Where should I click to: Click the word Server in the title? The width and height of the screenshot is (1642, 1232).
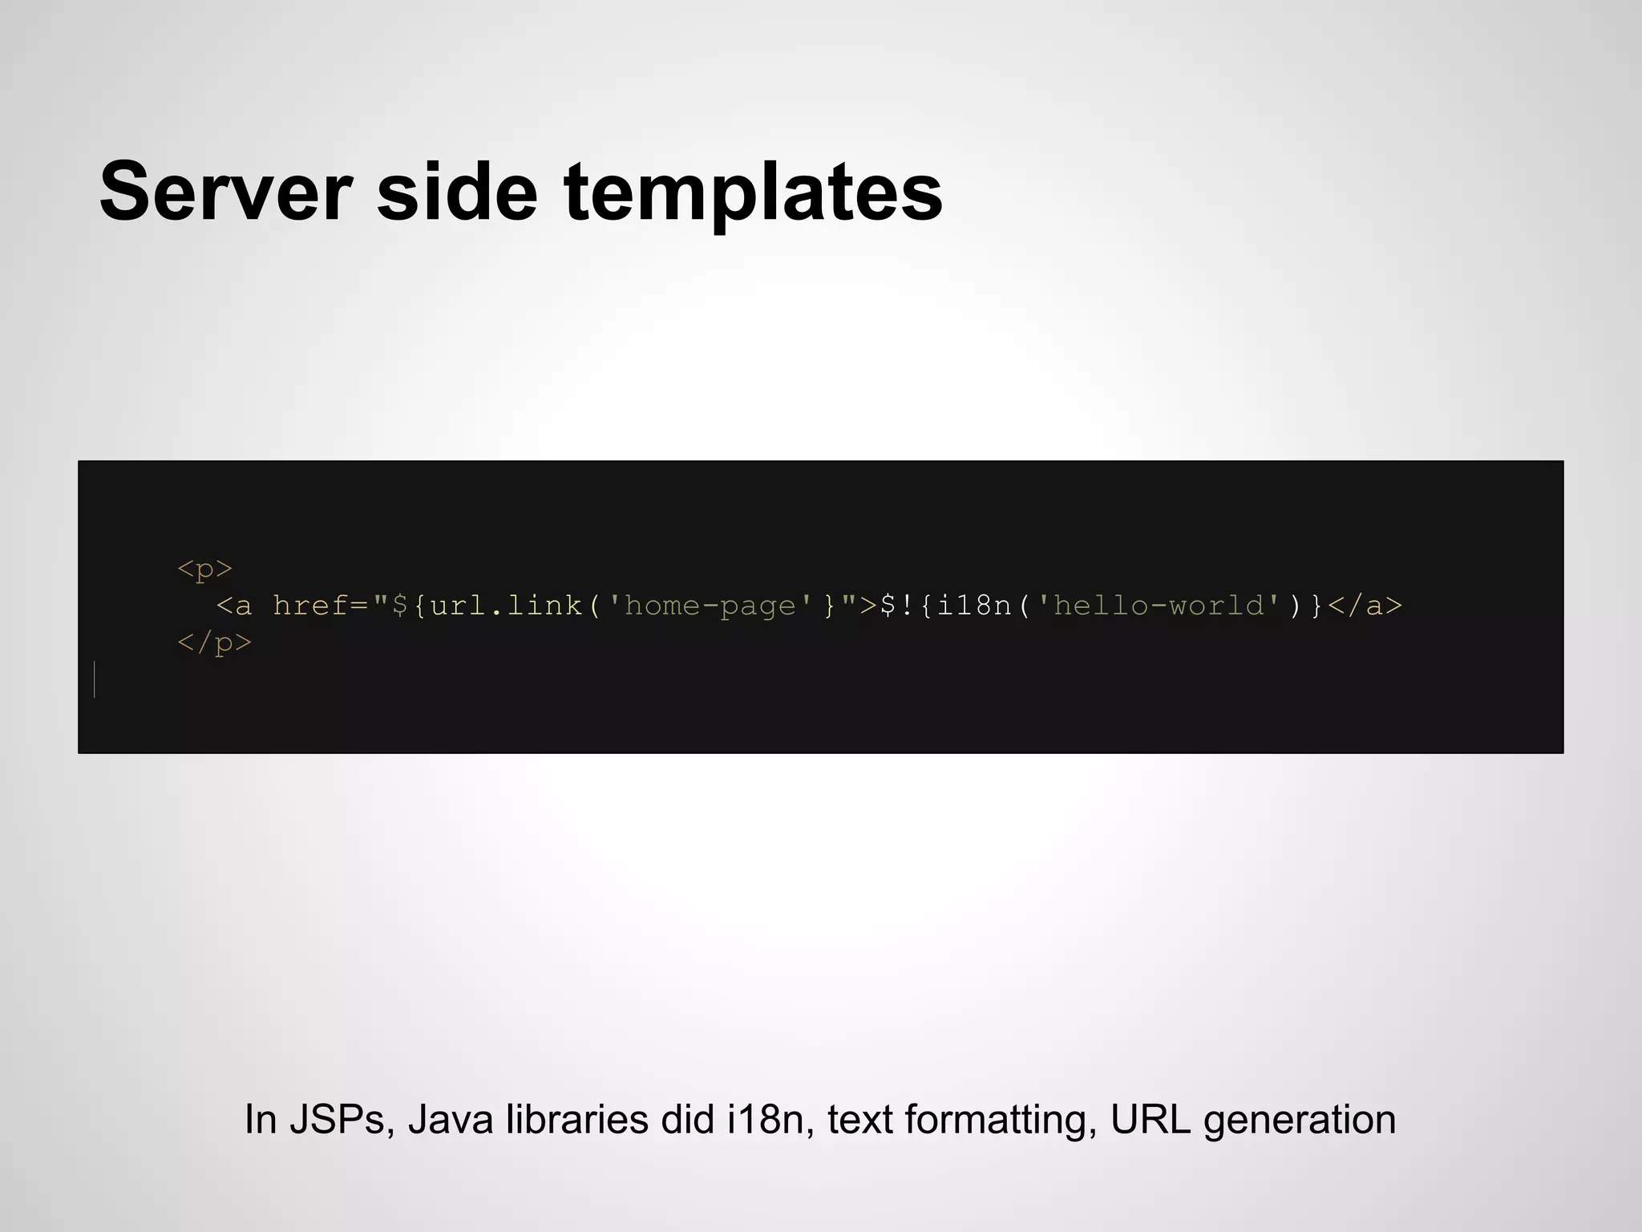[x=225, y=192]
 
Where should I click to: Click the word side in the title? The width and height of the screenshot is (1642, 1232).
[x=457, y=192]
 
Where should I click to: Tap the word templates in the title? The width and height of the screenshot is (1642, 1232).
[x=753, y=193]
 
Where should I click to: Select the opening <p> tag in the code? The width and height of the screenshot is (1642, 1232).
[x=204, y=569]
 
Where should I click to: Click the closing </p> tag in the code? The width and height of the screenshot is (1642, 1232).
[x=214, y=642]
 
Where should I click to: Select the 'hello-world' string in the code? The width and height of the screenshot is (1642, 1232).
[x=1158, y=606]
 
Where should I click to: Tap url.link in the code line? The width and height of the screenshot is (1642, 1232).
[x=506, y=606]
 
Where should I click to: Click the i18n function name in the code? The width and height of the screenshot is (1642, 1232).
[x=974, y=606]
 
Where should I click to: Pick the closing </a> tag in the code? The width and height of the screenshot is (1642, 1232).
[x=1365, y=606]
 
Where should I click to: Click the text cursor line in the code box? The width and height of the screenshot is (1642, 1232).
[x=95, y=679]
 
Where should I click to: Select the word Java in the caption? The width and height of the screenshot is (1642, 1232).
[x=451, y=1119]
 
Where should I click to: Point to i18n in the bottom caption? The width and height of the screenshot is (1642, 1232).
[x=765, y=1119]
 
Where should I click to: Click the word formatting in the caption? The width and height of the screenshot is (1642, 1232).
[x=1001, y=1121]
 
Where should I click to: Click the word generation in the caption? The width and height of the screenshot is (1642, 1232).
[x=1299, y=1121]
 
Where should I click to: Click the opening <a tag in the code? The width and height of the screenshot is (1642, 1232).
[x=233, y=606]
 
